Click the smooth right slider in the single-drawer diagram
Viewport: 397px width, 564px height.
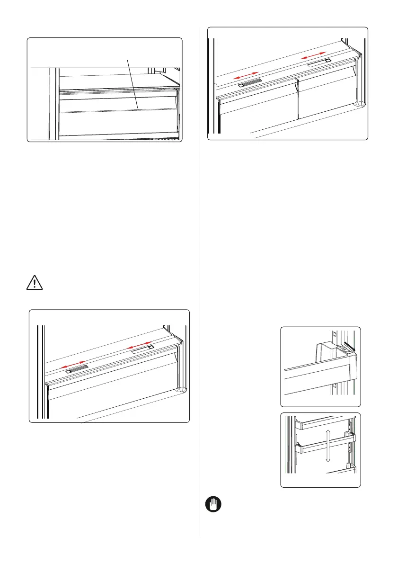[142, 348]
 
